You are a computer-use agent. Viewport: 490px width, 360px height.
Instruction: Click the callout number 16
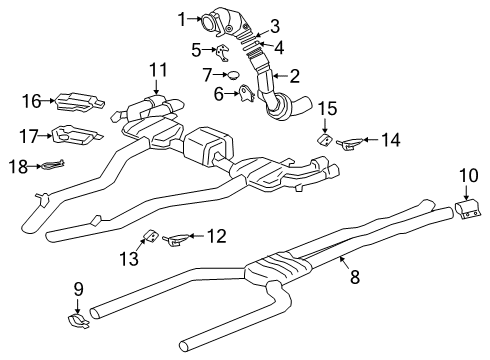(x=32, y=100)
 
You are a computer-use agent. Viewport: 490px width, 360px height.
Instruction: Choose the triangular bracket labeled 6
(x=243, y=96)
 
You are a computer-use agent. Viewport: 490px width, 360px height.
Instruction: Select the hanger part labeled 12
(x=177, y=240)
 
